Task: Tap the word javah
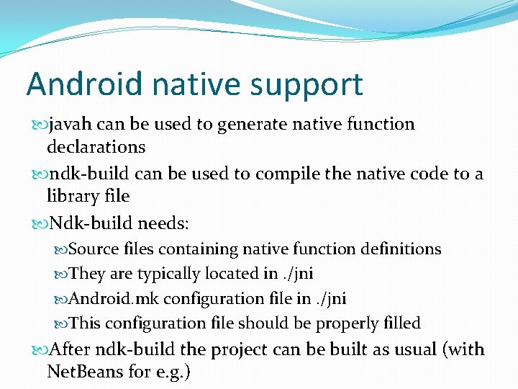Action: [x=69, y=124]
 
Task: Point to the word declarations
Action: [x=96, y=147]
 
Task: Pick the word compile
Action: [x=271, y=174]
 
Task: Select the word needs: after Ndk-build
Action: [x=163, y=223]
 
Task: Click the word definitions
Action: [x=399, y=249]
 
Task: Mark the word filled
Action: [x=400, y=323]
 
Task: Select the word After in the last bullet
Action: [x=65, y=350]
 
